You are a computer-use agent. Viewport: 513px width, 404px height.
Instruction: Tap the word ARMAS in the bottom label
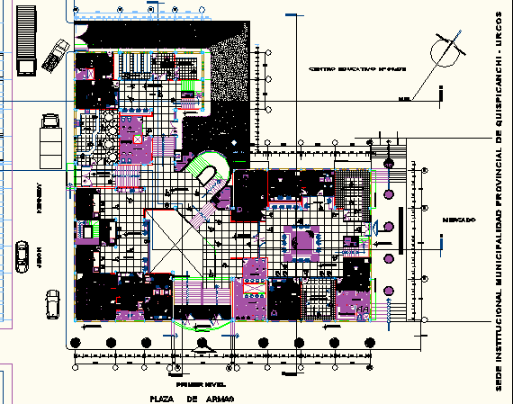pos(218,396)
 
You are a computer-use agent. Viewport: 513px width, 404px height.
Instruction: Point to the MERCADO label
pos(459,220)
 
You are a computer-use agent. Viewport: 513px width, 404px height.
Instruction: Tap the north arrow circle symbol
pos(446,49)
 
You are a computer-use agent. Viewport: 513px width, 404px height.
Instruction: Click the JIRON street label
pos(39,258)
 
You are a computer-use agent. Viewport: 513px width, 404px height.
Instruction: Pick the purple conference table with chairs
pos(301,242)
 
